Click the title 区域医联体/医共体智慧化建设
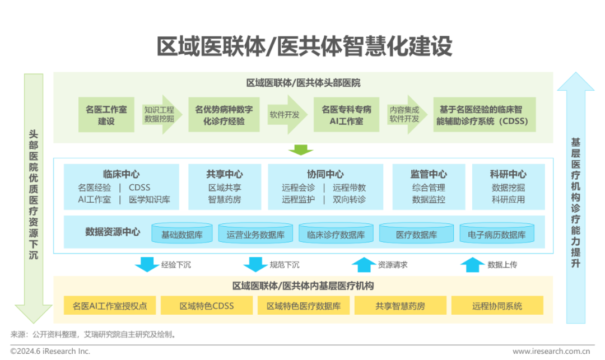(x=304, y=46)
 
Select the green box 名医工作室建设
(x=106, y=115)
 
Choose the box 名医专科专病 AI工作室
(x=346, y=115)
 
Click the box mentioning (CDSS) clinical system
(x=484, y=115)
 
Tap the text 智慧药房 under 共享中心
(x=225, y=199)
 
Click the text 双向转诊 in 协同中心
(x=349, y=199)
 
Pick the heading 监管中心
(x=429, y=174)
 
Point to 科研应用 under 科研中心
(x=508, y=199)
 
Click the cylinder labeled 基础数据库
(x=182, y=235)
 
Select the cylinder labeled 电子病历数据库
(x=497, y=235)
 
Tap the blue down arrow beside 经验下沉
(x=147, y=264)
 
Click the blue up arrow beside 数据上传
(x=472, y=264)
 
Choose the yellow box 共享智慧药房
(x=400, y=306)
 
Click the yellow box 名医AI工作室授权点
(x=110, y=306)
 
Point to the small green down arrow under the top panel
(x=301, y=150)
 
